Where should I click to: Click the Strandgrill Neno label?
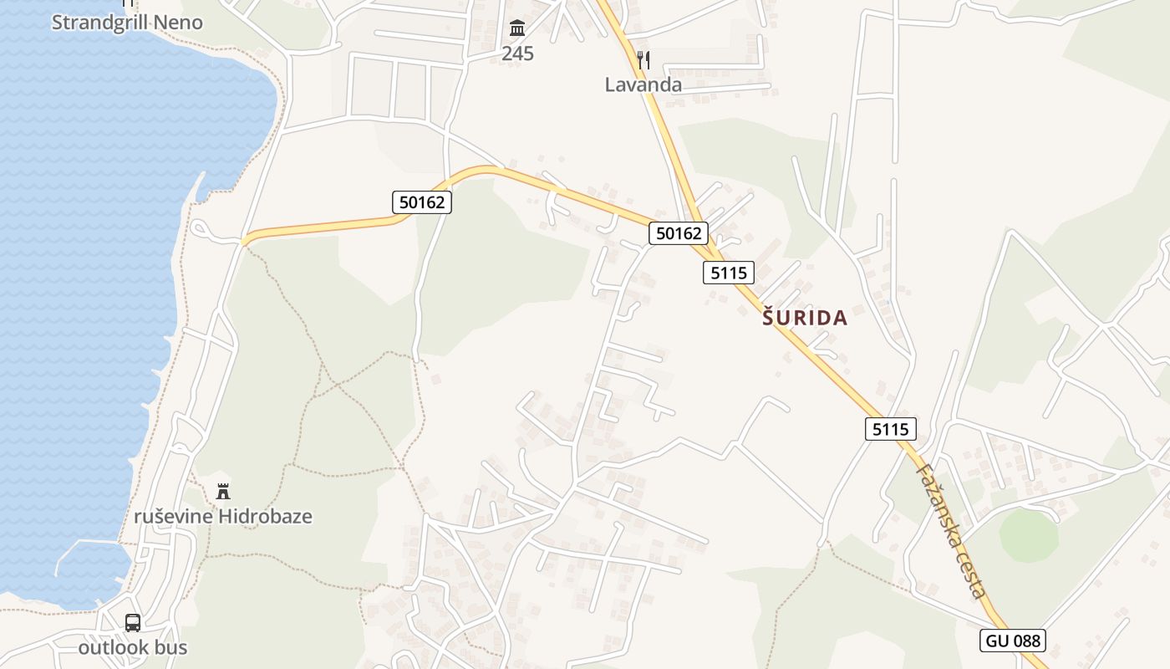point(127,23)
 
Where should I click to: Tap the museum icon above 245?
point(517,29)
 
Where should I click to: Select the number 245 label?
point(517,54)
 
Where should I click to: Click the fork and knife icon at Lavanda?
point(643,60)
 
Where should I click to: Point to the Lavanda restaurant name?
point(643,84)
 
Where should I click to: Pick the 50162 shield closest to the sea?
point(421,202)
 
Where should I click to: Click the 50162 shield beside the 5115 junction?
point(679,233)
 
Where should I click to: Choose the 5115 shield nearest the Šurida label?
point(729,272)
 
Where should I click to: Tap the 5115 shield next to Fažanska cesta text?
point(890,429)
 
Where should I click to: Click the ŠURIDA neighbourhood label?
point(805,318)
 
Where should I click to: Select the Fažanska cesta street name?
point(951,531)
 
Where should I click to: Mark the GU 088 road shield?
point(1013,641)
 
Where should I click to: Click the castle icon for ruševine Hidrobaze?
point(222,492)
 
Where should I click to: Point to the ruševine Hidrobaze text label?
point(222,516)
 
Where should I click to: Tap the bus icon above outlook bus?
point(133,623)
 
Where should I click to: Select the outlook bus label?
point(133,647)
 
